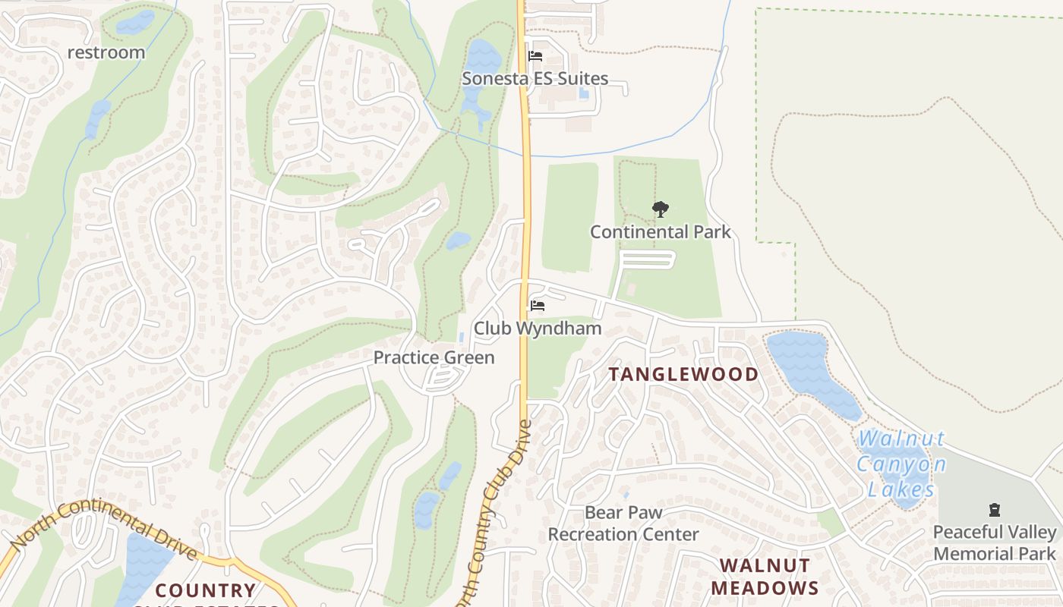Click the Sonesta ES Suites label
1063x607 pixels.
[536, 78]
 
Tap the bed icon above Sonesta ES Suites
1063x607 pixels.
[535, 56]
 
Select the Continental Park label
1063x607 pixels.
[661, 231]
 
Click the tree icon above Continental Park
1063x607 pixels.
[661, 209]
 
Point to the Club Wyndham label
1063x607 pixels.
[538, 328]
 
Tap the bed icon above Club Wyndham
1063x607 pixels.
[538, 306]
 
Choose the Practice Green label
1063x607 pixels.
[434, 357]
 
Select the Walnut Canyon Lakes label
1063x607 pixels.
[901, 464]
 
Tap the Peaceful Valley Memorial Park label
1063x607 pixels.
[995, 543]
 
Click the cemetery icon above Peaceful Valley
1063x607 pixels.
[995, 510]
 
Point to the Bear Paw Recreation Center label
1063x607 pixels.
[623, 524]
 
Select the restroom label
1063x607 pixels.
[106, 52]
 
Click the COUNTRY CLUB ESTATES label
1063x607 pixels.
[206, 591]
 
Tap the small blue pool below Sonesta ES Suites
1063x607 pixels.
[583, 93]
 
